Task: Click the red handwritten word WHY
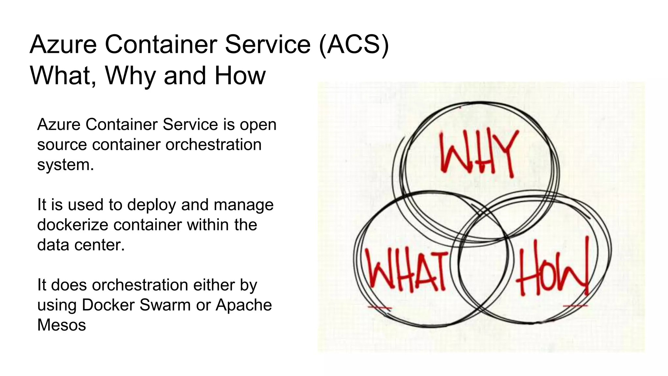(478, 153)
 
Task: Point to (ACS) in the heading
(354, 44)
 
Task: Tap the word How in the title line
(240, 76)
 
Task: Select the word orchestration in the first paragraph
(213, 145)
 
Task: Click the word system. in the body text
(65, 165)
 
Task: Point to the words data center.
(81, 245)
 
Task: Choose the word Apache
(244, 305)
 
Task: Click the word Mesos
(61, 325)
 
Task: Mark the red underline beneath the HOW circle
(575, 306)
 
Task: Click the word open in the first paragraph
(258, 125)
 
